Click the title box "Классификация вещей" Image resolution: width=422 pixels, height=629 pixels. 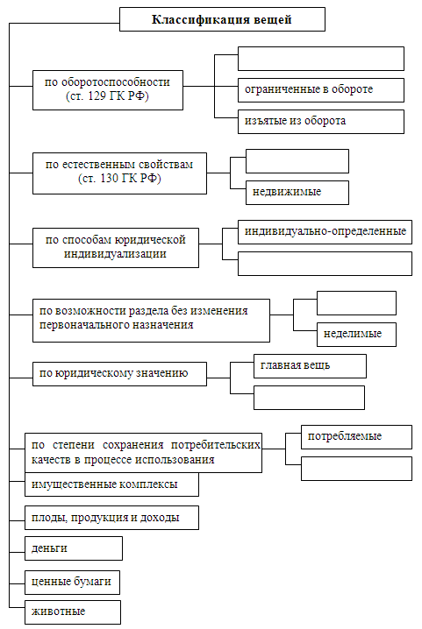click(x=222, y=19)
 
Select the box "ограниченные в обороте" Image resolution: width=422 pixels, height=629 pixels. click(x=321, y=90)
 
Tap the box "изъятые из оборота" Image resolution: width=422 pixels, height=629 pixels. click(x=321, y=122)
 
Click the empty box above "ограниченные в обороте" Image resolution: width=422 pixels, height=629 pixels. click(x=321, y=59)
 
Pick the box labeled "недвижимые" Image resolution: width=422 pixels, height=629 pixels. click(x=297, y=193)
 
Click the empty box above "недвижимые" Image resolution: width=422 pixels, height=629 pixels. click(x=297, y=161)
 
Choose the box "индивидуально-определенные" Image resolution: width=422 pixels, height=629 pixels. click(x=325, y=232)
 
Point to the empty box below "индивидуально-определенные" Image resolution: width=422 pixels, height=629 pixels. click(x=325, y=264)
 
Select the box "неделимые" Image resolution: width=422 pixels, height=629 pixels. click(x=356, y=335)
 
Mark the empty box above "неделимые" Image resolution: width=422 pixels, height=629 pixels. click(x=356, y=303)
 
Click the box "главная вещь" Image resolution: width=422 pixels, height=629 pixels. click(x=310, y=366)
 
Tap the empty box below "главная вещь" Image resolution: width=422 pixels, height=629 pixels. click(x=309, y=398)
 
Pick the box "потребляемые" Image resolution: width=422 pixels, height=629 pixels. click(x=356, y=437)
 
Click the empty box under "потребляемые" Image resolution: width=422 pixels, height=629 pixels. click(x=356, y=469)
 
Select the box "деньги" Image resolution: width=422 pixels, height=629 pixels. click(x=74, y=548)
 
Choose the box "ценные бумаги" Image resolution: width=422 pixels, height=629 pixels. click(x=72, y=582)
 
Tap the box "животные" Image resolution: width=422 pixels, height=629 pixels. click(x=73, y=612)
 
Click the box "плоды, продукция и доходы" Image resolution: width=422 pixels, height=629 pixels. click(x=111, y=518)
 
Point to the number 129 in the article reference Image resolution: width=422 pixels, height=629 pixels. click(x=97, y=95)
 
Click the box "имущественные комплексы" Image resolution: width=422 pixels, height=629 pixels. click(x=111, y=484)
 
